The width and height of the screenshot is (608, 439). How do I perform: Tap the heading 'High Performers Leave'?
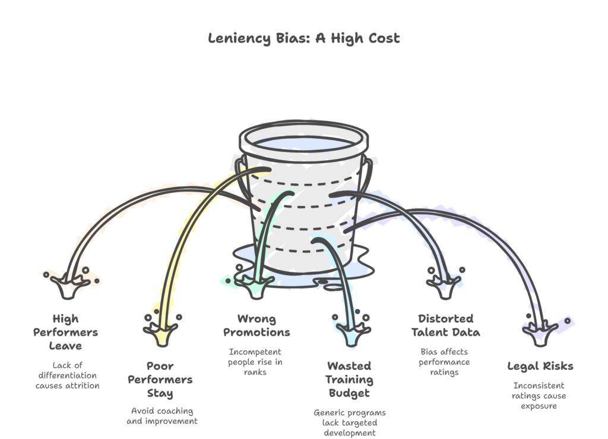(65, 332)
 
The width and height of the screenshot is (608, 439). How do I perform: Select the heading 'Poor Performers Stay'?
(160, 380)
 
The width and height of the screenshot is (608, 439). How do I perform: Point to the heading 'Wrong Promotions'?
(256, 326)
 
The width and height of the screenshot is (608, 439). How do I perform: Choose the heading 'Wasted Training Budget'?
(350, 380)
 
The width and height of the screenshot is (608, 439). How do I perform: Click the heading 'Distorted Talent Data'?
(445, 326)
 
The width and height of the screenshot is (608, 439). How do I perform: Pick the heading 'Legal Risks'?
(540, 366)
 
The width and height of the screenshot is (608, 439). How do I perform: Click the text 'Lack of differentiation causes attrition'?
(66, 376)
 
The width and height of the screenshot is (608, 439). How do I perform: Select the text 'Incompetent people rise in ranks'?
(255, 362)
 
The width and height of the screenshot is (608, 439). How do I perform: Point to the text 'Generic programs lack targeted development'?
(350, 422)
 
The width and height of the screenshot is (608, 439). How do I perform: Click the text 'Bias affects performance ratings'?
(444, 362)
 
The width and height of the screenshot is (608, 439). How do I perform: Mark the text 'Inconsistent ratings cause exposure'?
(540, 396)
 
